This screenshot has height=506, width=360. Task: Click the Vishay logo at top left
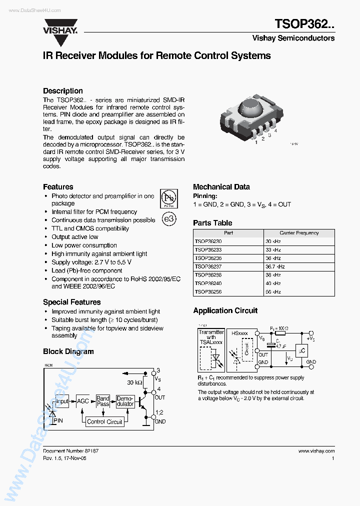[60, 27]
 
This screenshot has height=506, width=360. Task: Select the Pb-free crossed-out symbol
[168, 198]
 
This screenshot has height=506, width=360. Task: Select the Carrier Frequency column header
[299, 233]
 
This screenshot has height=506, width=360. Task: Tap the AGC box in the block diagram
[82, 401]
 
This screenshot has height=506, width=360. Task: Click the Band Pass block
[103, 401]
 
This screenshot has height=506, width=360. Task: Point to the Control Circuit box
[104, 421]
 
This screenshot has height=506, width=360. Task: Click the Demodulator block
[125, 401]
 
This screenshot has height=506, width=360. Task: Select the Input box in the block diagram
[61, 401]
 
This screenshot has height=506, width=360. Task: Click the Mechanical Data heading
[221, 187]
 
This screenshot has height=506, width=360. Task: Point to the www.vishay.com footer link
[316, 450]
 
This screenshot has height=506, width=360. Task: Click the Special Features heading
[71, 302]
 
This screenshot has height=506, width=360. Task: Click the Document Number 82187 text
[70, 450]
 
